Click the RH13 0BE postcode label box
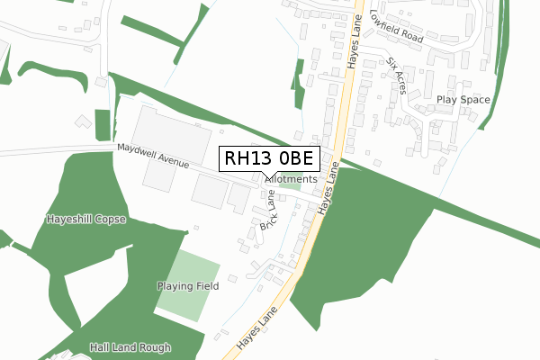coord(268,158)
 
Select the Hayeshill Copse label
coord(86,219)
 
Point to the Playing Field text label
coord(188,286)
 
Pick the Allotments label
coord(292,179)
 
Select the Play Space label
coord(463,99)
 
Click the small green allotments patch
coord(290,186)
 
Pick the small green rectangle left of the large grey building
coord(103,124)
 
